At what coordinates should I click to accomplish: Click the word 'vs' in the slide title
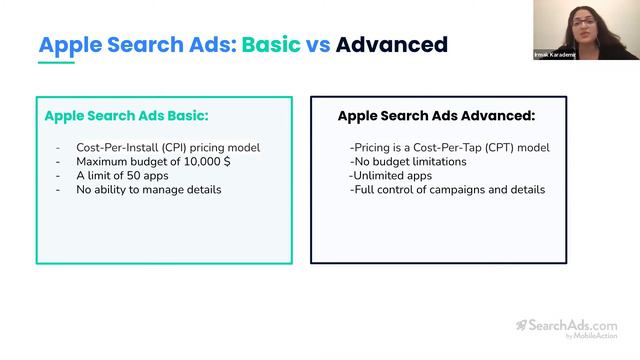pos(320,45)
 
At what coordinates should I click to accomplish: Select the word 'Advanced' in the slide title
pos(392,45)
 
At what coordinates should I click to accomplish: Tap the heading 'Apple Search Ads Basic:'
pos(126,116)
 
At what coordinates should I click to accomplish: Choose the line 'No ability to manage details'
pos(149,189)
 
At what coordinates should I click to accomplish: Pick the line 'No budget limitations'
pos(408,161)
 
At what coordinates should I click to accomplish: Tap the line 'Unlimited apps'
pos(390,175)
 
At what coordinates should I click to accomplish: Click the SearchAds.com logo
pos(566,325)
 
